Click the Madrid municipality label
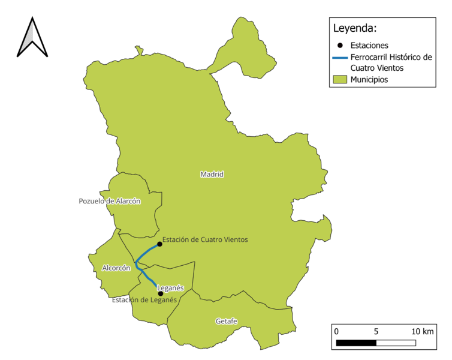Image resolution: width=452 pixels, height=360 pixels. [x=212, y=175]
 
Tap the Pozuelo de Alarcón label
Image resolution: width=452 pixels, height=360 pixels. [x=110, y=202]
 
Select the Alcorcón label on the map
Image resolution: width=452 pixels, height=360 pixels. [x=116, y=268]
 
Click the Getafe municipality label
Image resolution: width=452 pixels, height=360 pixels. [x=227, y=322]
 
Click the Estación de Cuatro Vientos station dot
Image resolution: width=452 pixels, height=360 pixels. [x=159, y=244]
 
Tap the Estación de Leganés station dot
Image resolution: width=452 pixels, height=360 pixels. [x=160, y=293]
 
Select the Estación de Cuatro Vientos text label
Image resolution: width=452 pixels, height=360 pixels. [x=205, y=240]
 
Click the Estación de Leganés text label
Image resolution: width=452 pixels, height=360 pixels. [x=144, y=300]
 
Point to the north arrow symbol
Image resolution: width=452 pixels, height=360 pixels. [x=32, y=37]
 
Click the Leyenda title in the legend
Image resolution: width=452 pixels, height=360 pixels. [x=355, y=28]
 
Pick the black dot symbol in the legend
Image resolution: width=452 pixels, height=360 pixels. [x=340, y=46]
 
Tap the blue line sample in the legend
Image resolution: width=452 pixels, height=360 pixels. [x=340, y=58]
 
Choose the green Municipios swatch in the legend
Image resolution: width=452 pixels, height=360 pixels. [x=340, y=79]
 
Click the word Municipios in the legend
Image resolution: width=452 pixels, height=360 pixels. [x=369, y=79]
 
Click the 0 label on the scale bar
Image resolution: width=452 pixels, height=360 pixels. [x=336, y=332]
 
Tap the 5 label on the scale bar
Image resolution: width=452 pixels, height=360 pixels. [x=376, y=332]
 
